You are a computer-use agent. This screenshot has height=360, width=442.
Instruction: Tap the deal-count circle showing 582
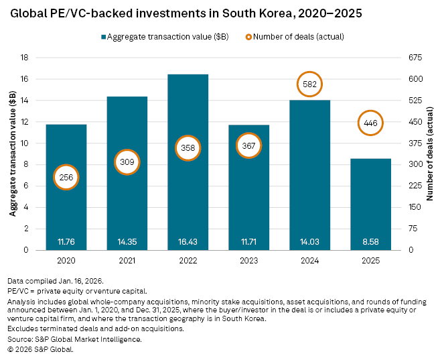(x=309, y=84)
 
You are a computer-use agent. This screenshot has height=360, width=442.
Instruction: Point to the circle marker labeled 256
(x=66, y=177)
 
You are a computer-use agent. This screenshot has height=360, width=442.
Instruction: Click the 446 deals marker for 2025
(x=370, y=123)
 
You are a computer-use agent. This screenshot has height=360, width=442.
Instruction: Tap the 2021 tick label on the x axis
(x=127, y=259)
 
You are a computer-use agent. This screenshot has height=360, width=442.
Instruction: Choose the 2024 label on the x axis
(x=309, y=259)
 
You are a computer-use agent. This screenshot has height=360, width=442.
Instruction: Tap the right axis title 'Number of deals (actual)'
(x=432, y=154)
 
